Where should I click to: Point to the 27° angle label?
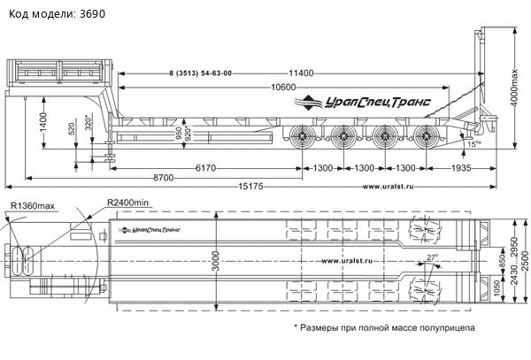point(432,257)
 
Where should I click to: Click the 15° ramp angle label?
point(474,142)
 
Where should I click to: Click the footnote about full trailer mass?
point(383,326)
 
